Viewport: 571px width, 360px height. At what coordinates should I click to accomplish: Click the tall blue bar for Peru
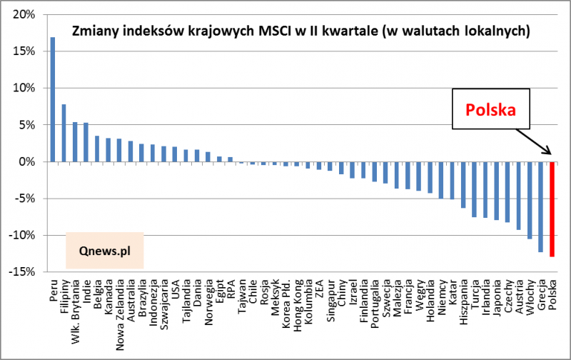click(53, 99)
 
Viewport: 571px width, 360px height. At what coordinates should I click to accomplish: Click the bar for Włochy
click(530, 200)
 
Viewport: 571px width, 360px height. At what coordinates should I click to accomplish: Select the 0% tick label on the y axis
click(26, 161)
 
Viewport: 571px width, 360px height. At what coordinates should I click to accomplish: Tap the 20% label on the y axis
click(24, 14)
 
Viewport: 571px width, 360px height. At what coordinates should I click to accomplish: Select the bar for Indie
click(86, 142)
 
